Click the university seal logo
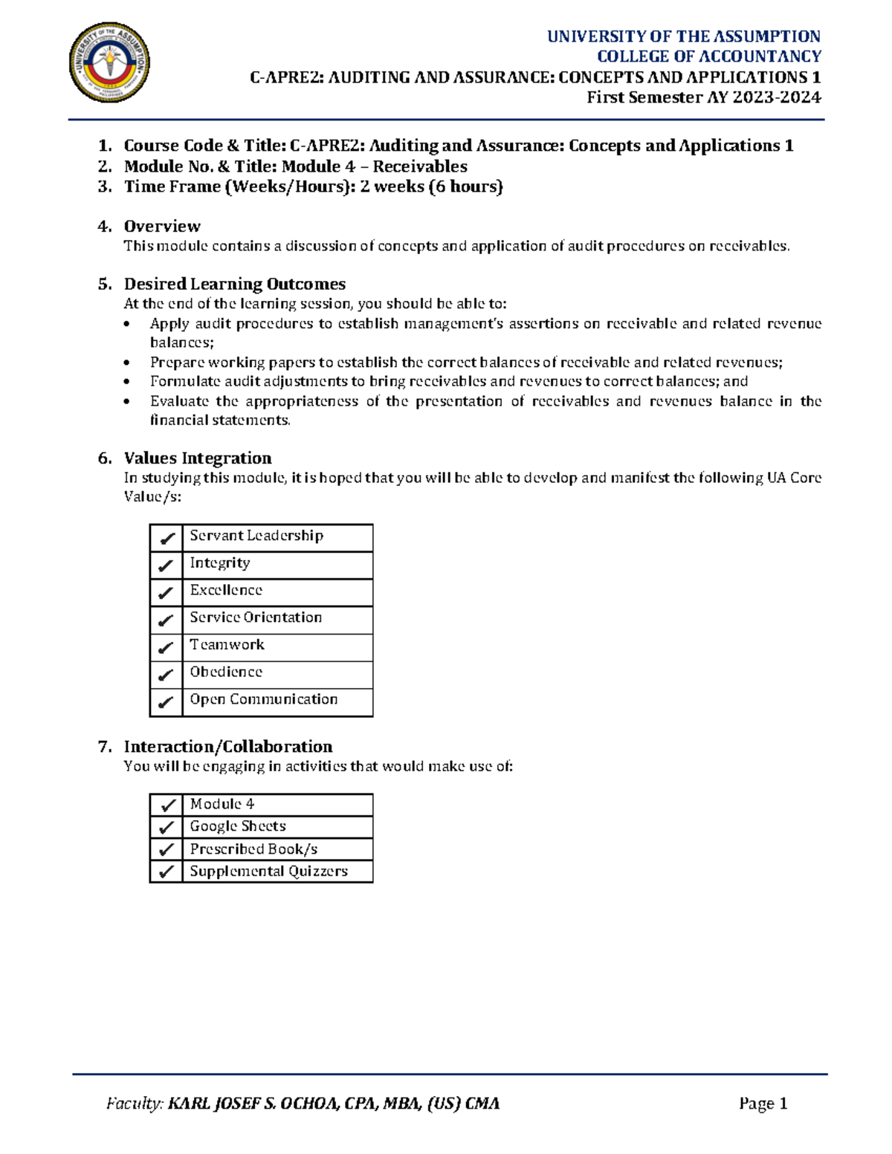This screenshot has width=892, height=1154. pyautogui.click(x=109, y=62)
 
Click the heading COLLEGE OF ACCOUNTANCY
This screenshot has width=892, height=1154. pyautogui.click(x=708, y=56)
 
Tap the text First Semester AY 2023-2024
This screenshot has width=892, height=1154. pyautogui.click(x=703, y=97)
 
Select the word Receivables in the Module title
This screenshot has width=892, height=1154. pyautogui.click(x=420, y=166)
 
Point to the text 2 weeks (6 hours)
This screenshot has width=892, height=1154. pyautogui.click(x=431, y=187)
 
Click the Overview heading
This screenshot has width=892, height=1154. pyautogui.click(x=162, y=226)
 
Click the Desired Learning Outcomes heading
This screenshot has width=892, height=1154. pyautogui.click(x=234, y=284)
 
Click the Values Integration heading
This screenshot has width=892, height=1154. pyautogui.click(x=197, y=458)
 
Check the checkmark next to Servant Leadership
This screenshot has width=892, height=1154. pyautogui.click(x=167, y=538)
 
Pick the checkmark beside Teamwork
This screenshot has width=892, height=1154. pyautogui.click(x=167, y=647)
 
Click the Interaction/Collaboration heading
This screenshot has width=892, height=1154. pyautogui.click(x=227, y=746)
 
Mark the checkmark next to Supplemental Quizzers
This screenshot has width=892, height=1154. pyautogui.click(x=167, y=871)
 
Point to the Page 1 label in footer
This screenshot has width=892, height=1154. pyautogui.click(x=763, y=1103)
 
